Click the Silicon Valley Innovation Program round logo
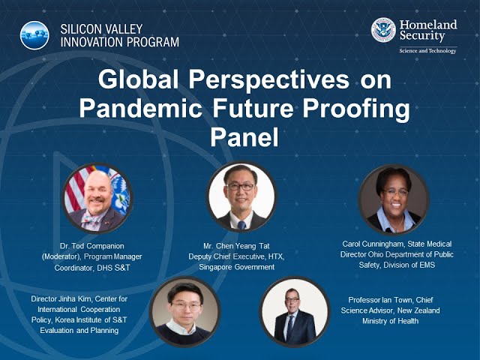[x=34, y=35]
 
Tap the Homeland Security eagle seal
[x=383, y=30]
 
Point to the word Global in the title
[x=138, y=79]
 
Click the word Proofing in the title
[x=356, y=109]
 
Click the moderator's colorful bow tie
[x=91, y=218]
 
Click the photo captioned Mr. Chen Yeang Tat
[x=241, y=196]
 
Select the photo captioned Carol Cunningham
[x=394, y=199]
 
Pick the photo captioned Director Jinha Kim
[x=185, y=312]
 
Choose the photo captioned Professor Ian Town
[x=295, y=312]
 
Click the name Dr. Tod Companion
[x=92, y=246]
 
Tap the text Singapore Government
[x=237, y=267]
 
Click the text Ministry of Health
[x=390, y=321]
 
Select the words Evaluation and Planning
[x=79, y=331]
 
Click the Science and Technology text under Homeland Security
[x=427, y=50]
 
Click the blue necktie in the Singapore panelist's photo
[x=241, y=225]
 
